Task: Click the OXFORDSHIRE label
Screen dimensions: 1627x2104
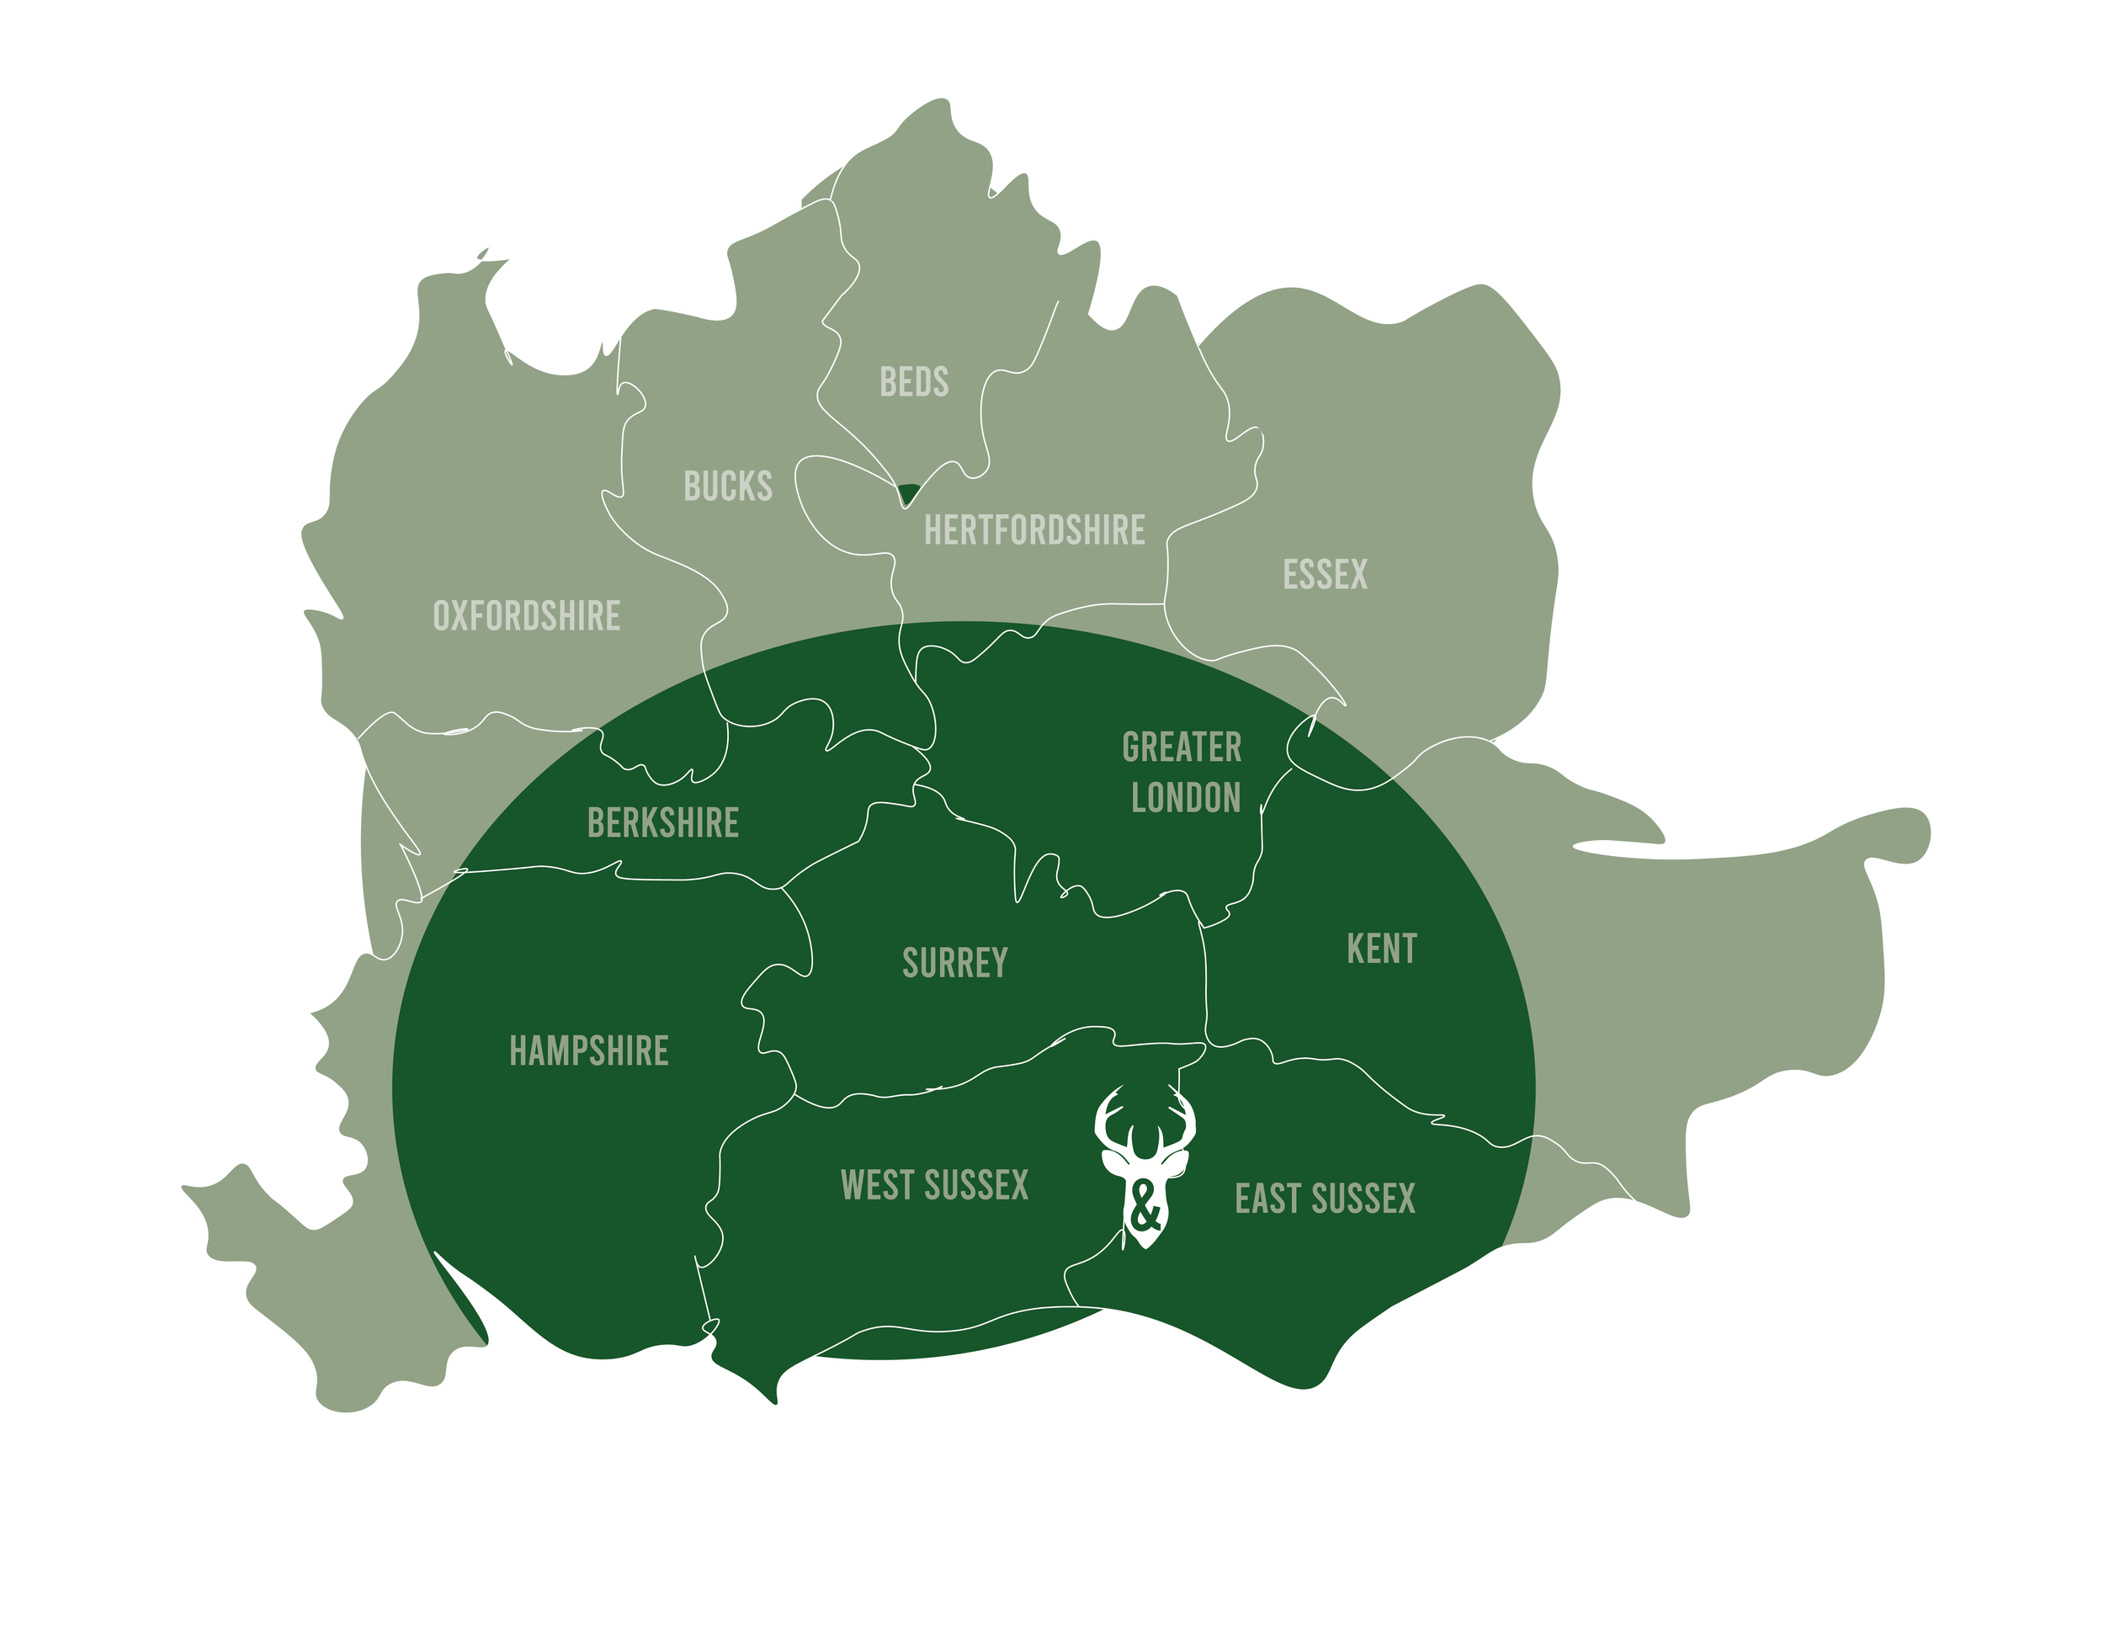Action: coord(526,616)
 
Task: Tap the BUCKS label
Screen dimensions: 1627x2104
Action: coord(727,487)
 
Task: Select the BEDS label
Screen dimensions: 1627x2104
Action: coord(913,382)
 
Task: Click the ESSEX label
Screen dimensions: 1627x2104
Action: coord(1325,575)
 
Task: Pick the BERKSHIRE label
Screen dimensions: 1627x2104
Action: coord(663,824)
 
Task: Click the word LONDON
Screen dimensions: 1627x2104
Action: coord(1185,799)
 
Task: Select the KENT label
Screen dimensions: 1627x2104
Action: coord(1381,949)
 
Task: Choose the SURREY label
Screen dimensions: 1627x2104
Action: coord(954,963)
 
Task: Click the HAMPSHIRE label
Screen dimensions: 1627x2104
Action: coord(588,1051)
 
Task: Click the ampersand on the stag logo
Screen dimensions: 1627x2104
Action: coord(1145,1209)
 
